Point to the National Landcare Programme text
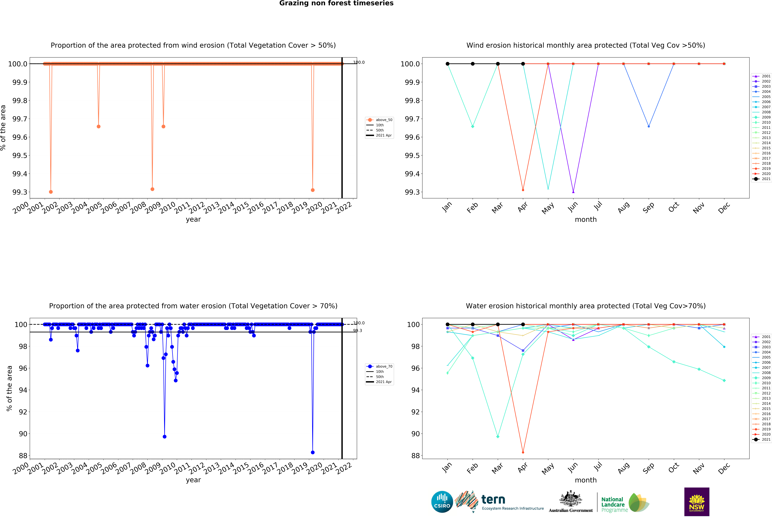tap(613, 504)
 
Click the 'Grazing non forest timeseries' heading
tap(336, 3)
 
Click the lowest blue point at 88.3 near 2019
tap(313, 452)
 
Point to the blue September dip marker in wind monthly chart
tap(649, 126)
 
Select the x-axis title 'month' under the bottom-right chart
tap(586, 480)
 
